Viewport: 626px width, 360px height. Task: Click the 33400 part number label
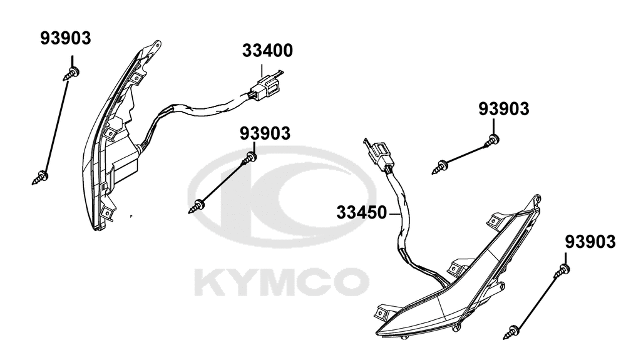(267, 51)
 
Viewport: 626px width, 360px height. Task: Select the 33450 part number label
(362, 212)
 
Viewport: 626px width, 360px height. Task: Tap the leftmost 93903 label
(66, 38)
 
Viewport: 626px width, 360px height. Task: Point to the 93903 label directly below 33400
(265, 134)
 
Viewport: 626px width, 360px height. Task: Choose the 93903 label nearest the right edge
(590, 242)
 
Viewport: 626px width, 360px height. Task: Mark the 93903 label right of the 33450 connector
(504, 108)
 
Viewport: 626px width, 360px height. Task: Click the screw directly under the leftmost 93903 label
(71, 74)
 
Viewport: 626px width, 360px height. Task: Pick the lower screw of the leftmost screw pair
(40, 177)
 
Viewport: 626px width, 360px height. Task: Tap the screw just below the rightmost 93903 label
(562, 271)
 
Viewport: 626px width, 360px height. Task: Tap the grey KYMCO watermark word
(282, 282)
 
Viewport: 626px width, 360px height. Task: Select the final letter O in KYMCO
(351, 282)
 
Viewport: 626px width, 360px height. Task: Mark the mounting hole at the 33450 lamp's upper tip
(537, 198)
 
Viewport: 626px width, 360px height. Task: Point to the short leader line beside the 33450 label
(394, 214)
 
